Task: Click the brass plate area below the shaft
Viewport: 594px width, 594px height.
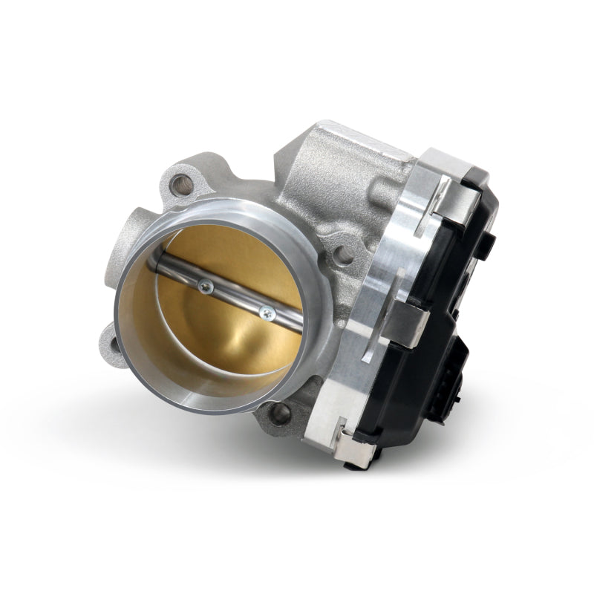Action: (215, 342)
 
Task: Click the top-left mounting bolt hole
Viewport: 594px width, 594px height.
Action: (176, 180)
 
